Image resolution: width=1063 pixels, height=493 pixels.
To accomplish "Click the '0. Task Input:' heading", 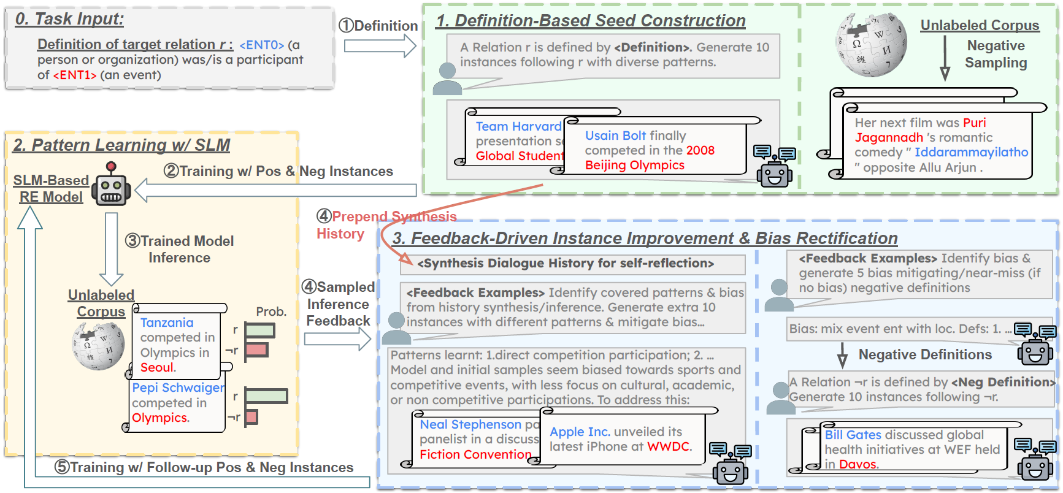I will point(69,19).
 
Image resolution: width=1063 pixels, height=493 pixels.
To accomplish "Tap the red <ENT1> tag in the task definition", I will point(74,75).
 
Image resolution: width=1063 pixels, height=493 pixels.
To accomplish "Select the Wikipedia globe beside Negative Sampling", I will point(871,44).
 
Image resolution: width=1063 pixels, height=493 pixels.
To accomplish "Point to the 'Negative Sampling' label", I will point(996,54).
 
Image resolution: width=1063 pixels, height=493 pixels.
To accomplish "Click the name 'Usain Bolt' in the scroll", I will point(615,136).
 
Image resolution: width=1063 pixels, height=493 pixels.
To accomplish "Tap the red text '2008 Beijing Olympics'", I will point(650,158).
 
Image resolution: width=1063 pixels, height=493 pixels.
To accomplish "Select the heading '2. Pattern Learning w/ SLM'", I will point(121,145).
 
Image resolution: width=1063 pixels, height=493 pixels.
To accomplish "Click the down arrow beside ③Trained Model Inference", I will point(112,245).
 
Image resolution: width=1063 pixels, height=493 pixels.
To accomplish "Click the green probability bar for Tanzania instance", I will point(259,331).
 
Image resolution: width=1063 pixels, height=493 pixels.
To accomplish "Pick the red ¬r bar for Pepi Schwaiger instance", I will point(251,418).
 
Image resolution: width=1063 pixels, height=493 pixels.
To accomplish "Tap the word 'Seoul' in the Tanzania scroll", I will point(158,367).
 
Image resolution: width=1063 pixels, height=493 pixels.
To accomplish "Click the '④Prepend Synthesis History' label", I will point(386,225).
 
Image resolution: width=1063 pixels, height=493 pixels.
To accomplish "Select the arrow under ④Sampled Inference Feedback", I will point(337,339).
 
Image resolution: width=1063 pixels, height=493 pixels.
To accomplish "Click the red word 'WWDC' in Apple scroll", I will point(669,446).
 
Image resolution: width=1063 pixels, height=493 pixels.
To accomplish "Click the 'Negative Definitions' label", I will point(925,354).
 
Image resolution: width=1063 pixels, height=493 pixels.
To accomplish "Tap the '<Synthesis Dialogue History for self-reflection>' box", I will point(566,264).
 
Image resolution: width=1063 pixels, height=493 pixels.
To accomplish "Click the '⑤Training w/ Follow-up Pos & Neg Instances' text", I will point(204,468).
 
